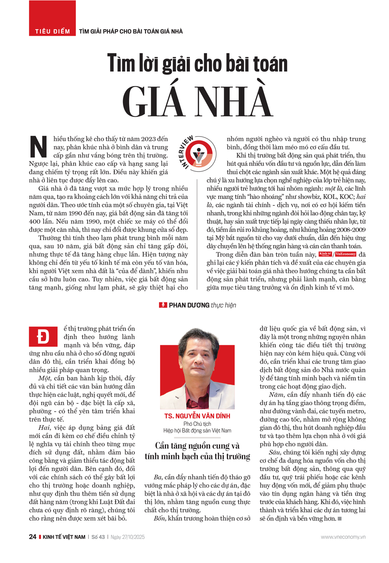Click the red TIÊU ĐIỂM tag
(52, 31)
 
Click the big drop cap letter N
(39, 147)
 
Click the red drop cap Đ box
(43, 337)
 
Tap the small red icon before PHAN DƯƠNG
(163, 305)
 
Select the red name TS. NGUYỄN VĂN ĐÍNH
(197, 416)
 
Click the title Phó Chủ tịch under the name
(197, 424)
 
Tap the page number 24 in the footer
(33, 537)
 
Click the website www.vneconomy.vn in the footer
(343, 537)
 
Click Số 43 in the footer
(98, 537)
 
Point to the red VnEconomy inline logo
(345, 254)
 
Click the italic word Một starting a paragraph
(44, 378)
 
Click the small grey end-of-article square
(340, 519)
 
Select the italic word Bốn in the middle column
(159, 518)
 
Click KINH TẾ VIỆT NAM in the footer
(64, 537)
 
